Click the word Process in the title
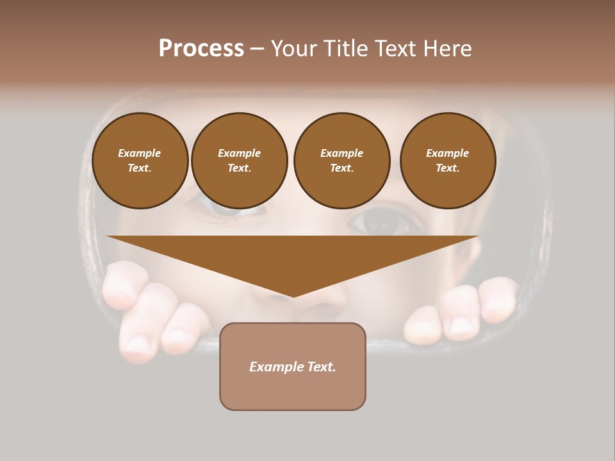point(201,49)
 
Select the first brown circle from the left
point(140,161)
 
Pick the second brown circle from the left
point(240,161)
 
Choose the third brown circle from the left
point(342,161)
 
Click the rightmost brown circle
point(448,161)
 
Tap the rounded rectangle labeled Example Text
point(293,366)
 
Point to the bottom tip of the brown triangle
point(294,296)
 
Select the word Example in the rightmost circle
point(448,153)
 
